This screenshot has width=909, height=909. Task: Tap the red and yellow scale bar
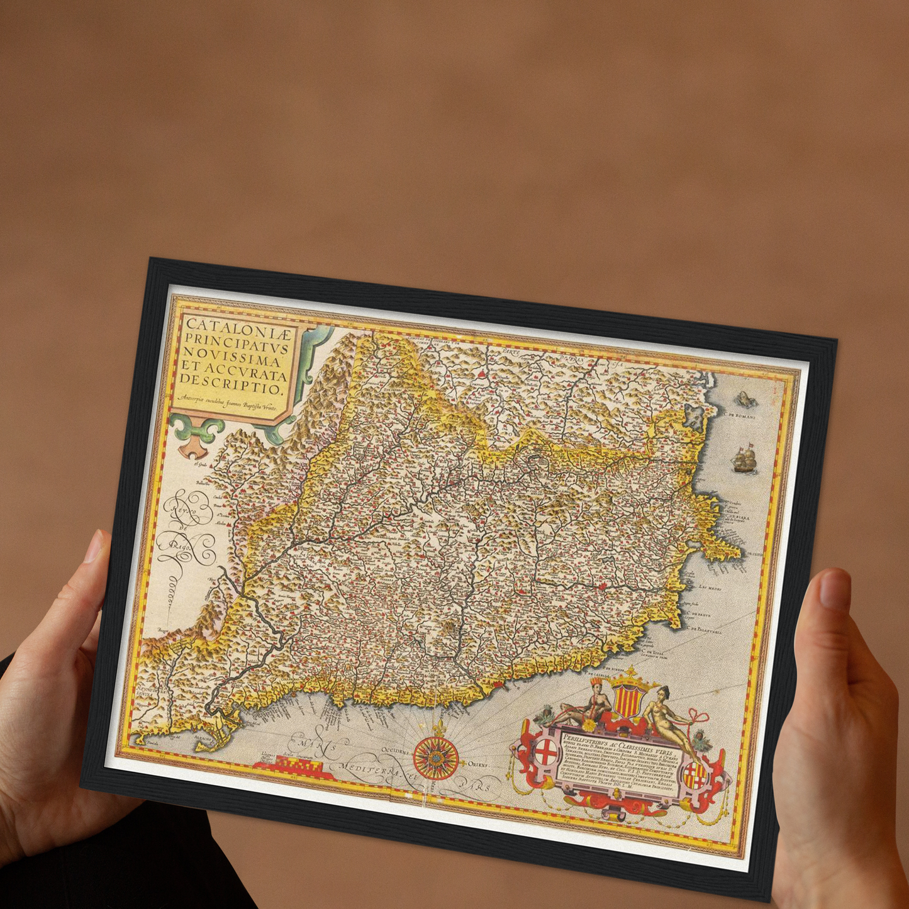(x=289, y=766)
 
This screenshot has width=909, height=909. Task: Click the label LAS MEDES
(x=711, y=586)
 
